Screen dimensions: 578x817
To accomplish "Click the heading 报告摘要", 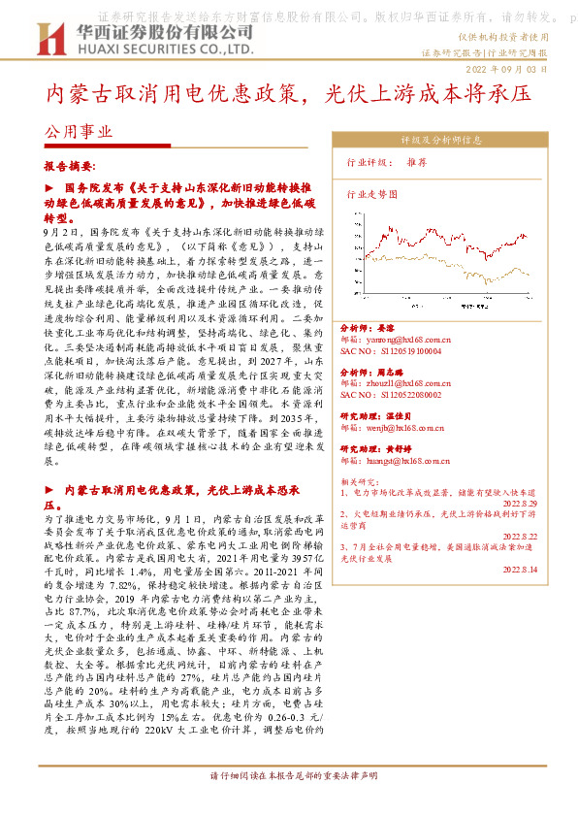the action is [x=71, y=167].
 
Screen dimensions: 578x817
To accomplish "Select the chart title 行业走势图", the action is [x=372, y=194].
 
